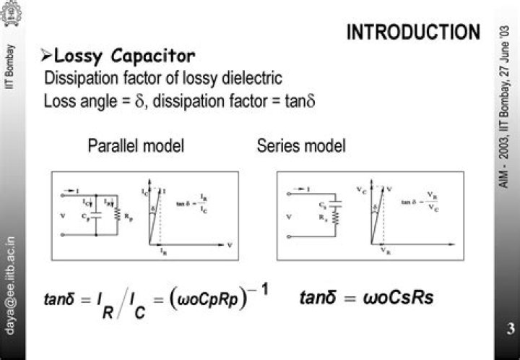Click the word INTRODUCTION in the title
tap(413, 33)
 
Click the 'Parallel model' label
tap(136, 146)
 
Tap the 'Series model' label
tap(301, 146)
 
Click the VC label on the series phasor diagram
tap(359, 189)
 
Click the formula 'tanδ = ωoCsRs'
tap(366, 297)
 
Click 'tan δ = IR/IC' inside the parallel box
tap(194, 205)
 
